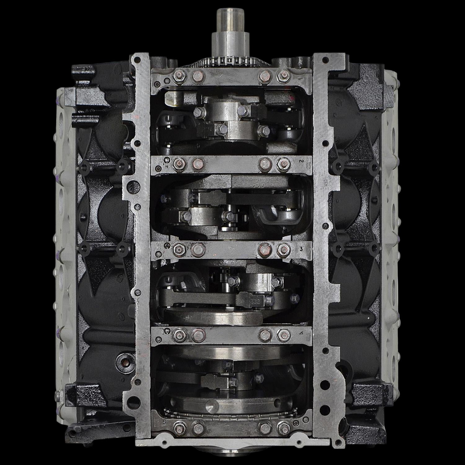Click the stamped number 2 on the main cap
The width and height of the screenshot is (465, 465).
click(301, 162)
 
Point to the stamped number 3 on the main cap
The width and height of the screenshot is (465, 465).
click(301, 249)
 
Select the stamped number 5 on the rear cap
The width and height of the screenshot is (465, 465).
click(163, 423)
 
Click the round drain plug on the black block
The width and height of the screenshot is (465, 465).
click(123, 361)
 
